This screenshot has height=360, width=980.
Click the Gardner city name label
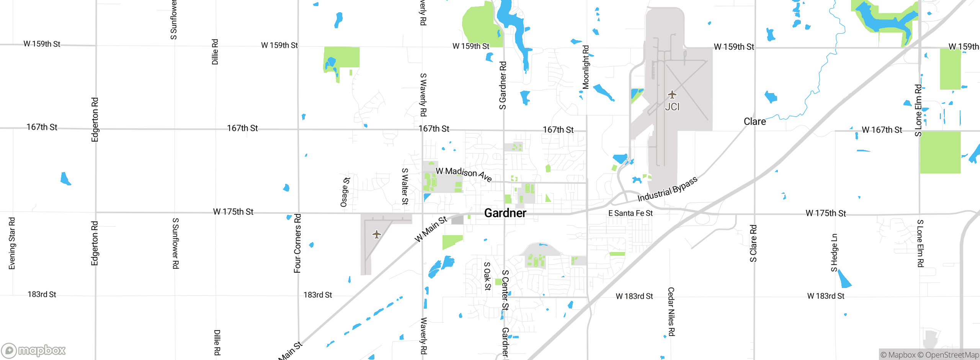505,213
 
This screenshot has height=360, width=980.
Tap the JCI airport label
672,107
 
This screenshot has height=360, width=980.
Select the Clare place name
755,121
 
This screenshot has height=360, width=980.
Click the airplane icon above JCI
672,95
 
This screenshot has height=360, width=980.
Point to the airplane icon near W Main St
377,234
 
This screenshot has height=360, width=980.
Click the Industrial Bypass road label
667,190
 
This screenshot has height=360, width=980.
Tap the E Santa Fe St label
630,213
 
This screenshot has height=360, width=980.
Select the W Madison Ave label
464,174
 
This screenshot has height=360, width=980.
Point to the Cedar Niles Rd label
671,312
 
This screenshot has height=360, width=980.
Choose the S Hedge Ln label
834,253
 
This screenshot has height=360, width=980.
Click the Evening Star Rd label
12,243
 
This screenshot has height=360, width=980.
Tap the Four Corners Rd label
297,243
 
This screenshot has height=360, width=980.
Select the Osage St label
345,192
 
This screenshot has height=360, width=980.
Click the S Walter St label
405,187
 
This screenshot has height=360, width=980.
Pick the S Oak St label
487,276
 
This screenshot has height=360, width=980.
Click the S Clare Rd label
753,243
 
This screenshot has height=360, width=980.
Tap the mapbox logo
34,350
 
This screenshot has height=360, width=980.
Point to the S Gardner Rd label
503,85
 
